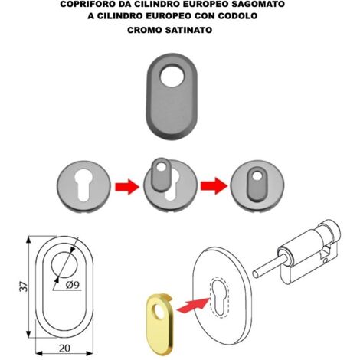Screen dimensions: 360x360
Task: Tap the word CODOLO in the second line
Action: (x=237, y=16)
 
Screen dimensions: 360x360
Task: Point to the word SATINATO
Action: (x=188, y=30)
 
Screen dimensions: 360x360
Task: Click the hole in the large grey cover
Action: (x=172, y=76)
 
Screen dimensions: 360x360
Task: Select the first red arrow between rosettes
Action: (x=127, y=187)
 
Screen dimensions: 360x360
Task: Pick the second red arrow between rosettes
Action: (x=214, y=186)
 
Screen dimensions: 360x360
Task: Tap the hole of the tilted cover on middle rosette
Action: (x=161, y=168)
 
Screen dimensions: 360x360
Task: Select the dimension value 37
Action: (x=24, y=286)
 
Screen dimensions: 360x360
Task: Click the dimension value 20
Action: (x=64, y=348)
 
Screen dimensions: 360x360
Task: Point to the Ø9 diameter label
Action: (x=73, y=284)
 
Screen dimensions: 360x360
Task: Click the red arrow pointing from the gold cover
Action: (x=193, y=306)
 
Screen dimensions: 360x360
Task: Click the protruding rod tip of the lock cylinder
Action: (x=255, y=274)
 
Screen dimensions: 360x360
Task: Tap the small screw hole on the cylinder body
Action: (x=326, y=261)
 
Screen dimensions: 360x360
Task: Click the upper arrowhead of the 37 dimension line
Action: (x=28, y=240)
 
